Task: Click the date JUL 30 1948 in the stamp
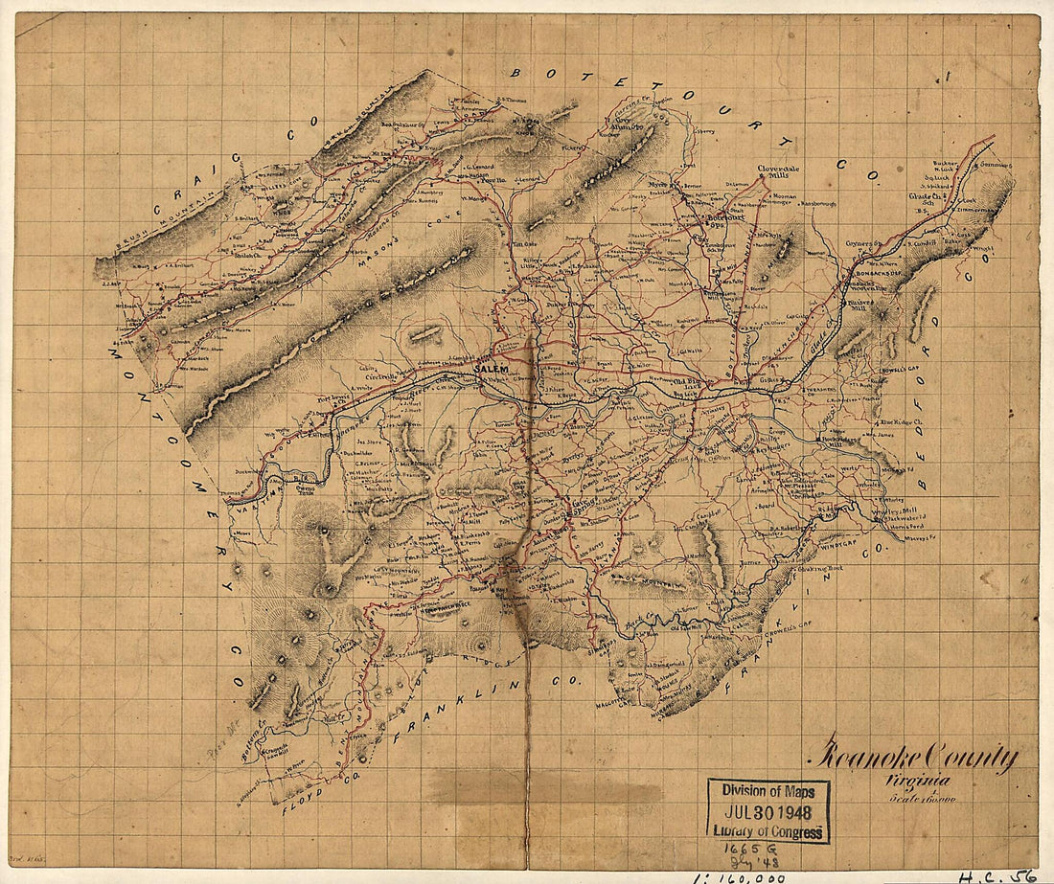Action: coord(768,810)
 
